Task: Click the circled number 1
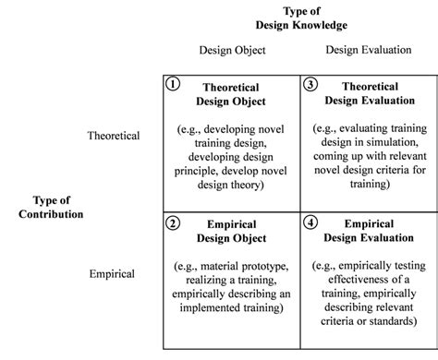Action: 172,83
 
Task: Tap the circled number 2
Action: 172,222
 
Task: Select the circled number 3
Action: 310,83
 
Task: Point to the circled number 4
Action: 310,222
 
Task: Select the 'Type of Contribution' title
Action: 51,208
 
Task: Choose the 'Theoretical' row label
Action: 114,136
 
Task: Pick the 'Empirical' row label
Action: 112,274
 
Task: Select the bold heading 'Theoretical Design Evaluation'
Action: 370,92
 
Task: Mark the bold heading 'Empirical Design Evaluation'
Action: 370,231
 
